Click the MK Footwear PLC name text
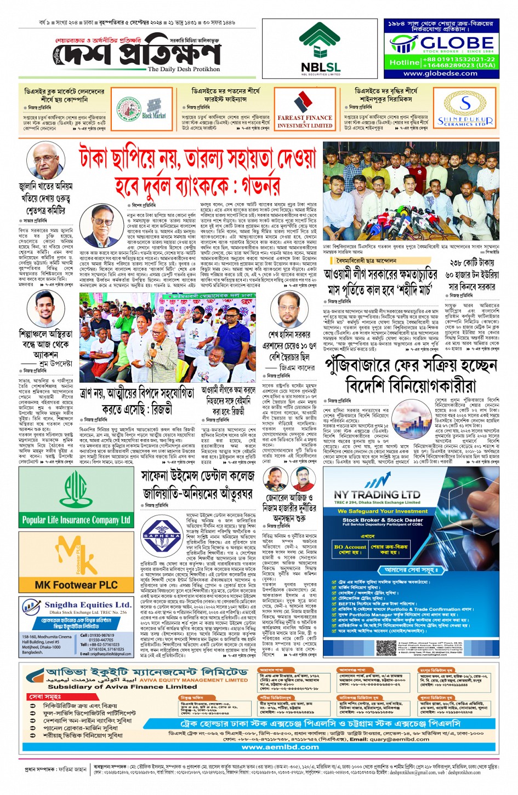(x=76, y=585)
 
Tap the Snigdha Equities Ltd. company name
(x=88, y=605)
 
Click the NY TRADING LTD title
(x=377, y=494)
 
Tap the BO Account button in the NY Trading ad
(x=350, y=549)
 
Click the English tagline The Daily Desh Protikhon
(x=184, y=69)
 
